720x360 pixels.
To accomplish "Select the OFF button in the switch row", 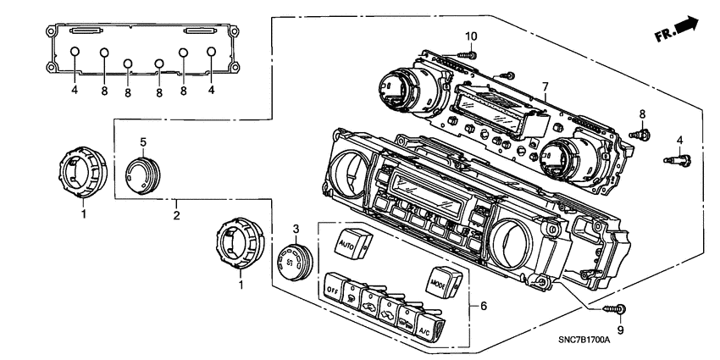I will point(333,288).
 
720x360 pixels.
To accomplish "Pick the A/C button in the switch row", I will point(428,329).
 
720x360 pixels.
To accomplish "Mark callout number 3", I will point(296,229).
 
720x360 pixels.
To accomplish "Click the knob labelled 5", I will point(141,174).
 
